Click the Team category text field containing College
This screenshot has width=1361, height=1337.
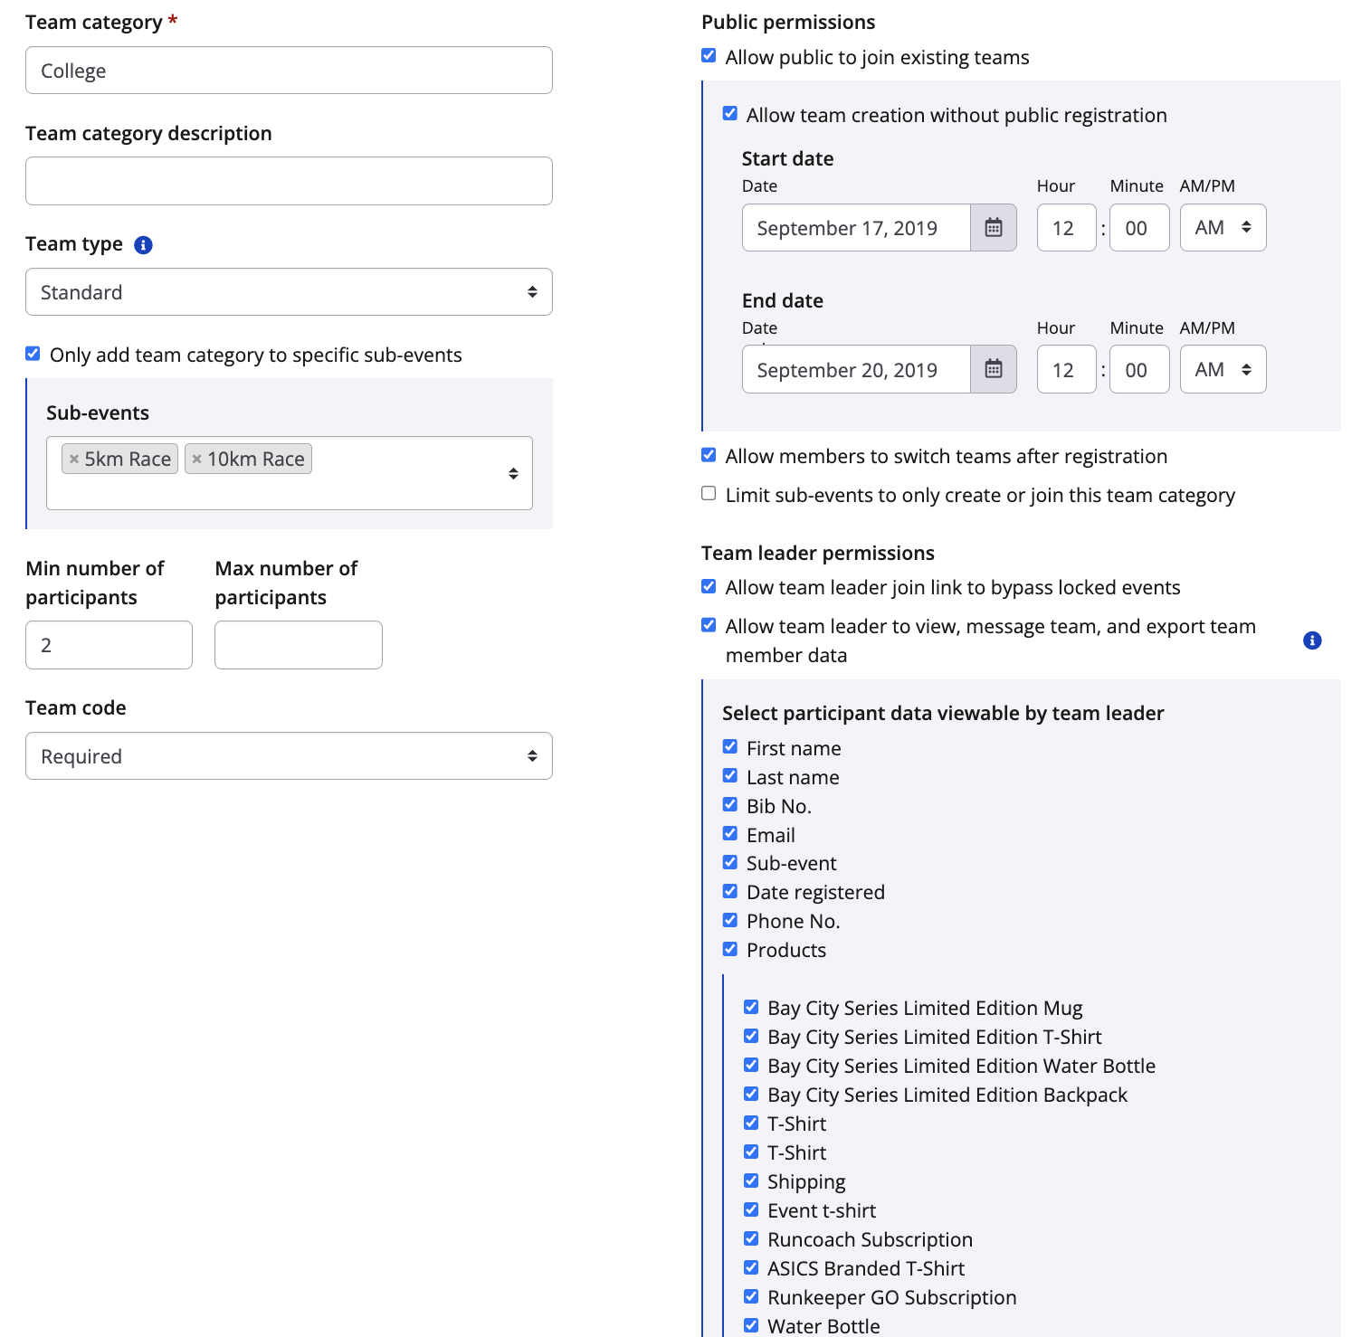coord(289,71)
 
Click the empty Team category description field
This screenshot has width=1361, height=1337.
coord(289,181)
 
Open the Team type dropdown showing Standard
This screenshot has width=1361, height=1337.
coord(289,292)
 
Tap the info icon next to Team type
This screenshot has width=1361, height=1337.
coord(143,245)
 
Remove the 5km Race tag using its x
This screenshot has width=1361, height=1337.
coord(74,460)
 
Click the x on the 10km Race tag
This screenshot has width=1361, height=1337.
coord(196,460)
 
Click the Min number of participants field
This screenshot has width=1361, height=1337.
coord(109,645)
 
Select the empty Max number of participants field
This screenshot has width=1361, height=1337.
coord(298,645)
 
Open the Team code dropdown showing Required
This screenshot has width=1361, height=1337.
coord(289,756)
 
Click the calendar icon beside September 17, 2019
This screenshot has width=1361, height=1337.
coord(993,228)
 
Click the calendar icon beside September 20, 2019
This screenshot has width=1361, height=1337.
coord(993,369)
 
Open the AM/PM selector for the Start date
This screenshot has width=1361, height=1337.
coord(1223,228)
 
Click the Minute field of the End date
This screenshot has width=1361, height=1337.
coord(1138,369)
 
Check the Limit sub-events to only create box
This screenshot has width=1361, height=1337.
coord(709,494)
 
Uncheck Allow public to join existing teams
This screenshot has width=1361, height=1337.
coord(709,56)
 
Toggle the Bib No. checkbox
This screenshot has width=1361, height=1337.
coord(730,805)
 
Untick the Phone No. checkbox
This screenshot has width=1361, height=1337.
coord(730,920)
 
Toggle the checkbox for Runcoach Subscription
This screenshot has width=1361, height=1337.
coord(751,1238)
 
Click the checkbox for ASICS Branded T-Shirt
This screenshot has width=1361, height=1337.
coord(751,1267)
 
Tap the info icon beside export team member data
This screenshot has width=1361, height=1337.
coord(1312,640)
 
